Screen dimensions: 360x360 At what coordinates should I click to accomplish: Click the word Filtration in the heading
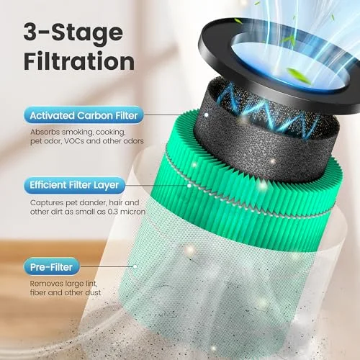point(79,61)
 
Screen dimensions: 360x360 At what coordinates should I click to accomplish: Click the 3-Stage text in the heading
point(73,32)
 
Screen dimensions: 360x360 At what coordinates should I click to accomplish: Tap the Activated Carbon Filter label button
point(84,115)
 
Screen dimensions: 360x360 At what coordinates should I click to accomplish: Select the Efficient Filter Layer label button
point(74,185)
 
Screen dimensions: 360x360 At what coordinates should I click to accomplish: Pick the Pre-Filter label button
point(51,267)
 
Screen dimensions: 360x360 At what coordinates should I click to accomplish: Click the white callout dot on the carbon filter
point(206,115)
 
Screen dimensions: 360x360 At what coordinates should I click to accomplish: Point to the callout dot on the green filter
point(189,186)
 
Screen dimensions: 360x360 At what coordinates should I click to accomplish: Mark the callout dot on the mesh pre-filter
point(135,266)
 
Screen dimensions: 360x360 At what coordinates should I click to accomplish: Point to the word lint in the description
point(91,284)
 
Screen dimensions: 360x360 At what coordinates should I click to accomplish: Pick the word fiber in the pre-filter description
point(38,292)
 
